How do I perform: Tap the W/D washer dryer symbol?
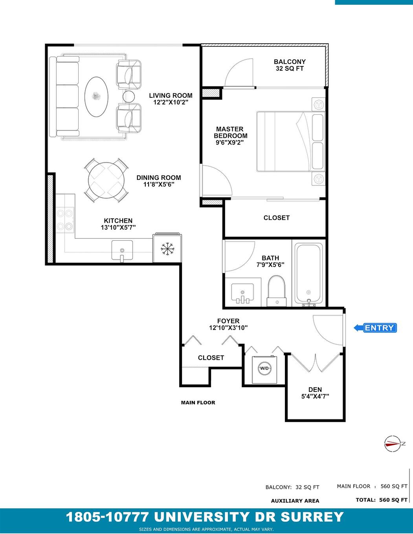(x=264, y=368)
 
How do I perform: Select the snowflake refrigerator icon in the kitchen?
(x=168, y=249)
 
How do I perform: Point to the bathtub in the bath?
(x=309, y=274)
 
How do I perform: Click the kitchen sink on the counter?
(x=122, y=250)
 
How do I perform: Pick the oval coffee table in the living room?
(x=96, y=96)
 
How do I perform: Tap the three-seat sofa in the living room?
(x=67, y=96)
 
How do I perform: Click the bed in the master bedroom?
(x=291, y=141)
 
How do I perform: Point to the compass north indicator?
(x=392, y=444)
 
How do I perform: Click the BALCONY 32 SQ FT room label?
(x=290, y=65)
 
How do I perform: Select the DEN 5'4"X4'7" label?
(x=315, y=393)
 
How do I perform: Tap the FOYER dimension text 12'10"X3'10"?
(x=228, y=328)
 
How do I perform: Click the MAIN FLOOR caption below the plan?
(x=198, y=402)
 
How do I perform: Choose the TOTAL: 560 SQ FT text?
(x=382, y=500)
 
